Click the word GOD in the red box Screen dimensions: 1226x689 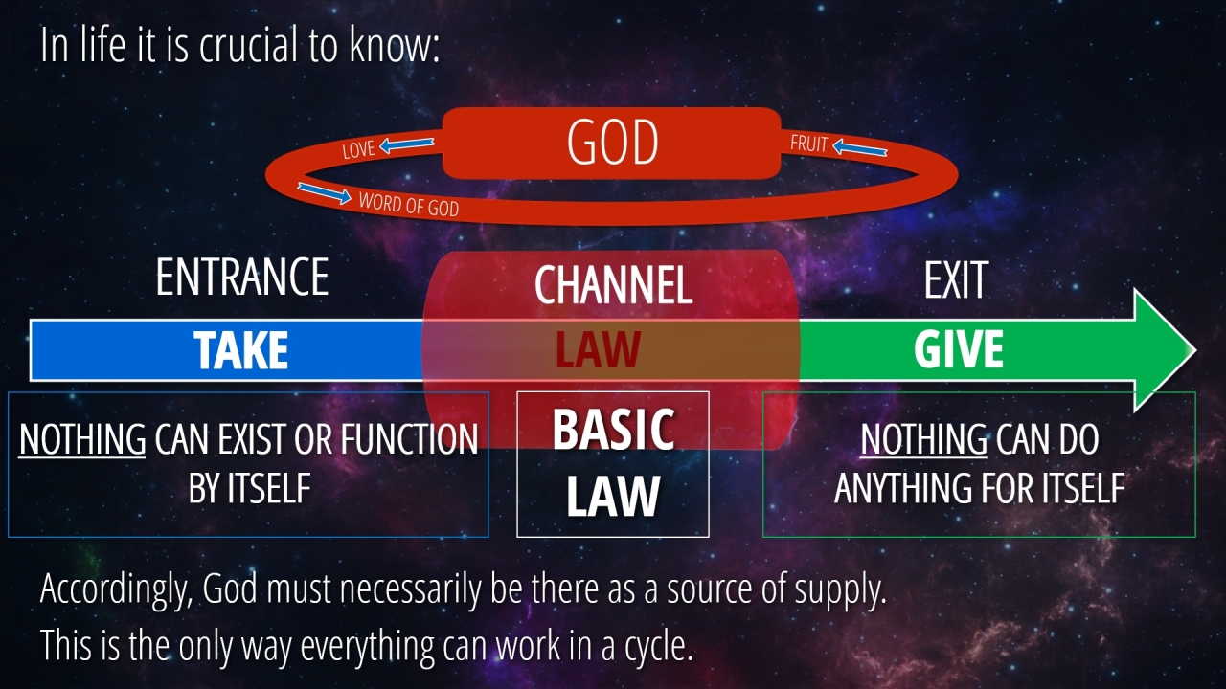[612, 143]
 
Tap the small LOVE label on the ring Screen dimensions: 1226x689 [358, 149]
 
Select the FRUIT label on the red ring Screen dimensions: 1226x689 [809, 144]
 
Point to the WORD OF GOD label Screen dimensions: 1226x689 [409, 205]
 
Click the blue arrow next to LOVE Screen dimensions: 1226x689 [407, 144]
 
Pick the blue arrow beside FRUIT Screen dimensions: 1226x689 [860, 147]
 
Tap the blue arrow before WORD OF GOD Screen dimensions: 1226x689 [324, 193]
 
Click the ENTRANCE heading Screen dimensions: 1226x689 [242, 278]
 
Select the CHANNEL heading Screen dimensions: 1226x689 [614, 285]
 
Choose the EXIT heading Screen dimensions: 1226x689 [956, 280]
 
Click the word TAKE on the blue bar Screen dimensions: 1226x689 [240, 350]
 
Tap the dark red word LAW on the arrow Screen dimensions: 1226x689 [598, 350]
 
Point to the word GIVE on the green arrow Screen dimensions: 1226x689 [959, 349]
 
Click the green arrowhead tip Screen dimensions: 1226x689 [1195, 350]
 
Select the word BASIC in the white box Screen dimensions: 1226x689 [613, 430]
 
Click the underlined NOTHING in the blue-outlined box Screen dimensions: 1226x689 [82, 439]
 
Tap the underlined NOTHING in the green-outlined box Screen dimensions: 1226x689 [924, 439]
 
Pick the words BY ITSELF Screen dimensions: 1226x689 [250, 488]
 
